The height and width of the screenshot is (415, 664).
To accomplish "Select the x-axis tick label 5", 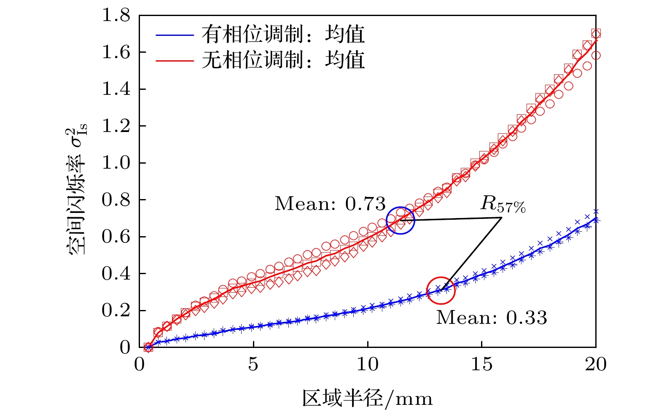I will [253, 364].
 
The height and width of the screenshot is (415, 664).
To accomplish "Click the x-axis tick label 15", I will [481, 364].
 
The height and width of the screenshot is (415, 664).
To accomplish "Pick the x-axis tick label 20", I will [595, 364].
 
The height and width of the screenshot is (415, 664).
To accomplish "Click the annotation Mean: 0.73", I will [330, 204].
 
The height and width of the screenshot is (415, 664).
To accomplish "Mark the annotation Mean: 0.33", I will [492, 318].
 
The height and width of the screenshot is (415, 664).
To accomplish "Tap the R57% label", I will [503, 205].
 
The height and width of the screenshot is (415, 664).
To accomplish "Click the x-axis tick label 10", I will [367, 364].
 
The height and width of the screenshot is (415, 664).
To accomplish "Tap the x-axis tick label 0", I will [139, 364].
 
